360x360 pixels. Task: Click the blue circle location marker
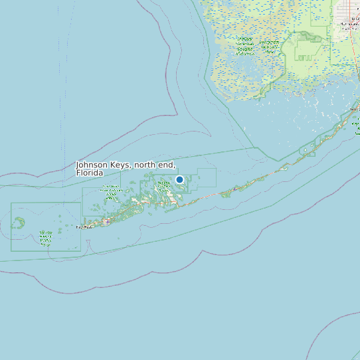pos(179,179)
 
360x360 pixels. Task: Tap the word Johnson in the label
pos(92,165)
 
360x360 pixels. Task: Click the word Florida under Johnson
pos(90,173)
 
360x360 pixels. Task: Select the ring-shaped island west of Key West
pos(19,222)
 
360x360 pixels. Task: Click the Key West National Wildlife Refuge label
pos(45,236)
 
